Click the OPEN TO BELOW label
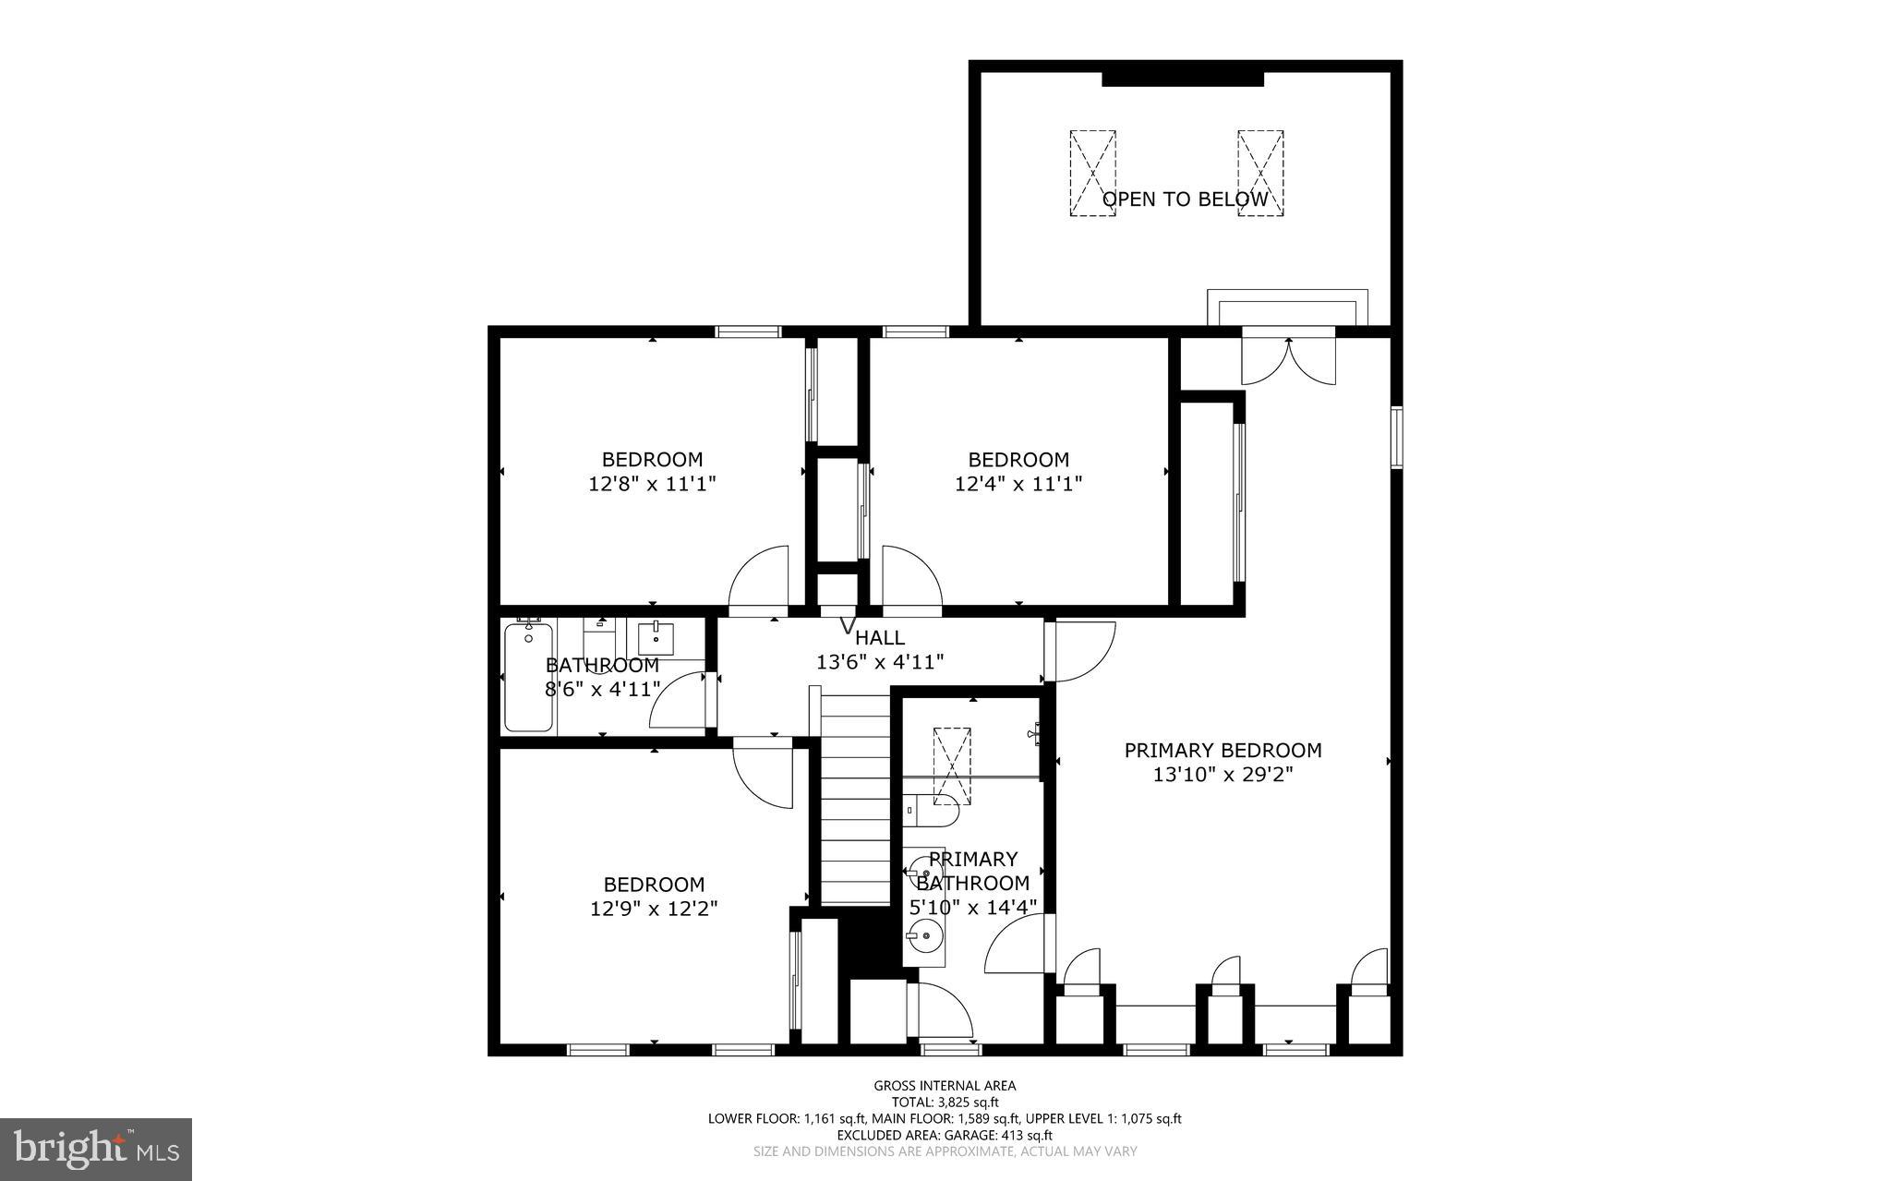1185,199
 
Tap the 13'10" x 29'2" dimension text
1223,775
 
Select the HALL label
879,637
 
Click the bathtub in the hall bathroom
528,678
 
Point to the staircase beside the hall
854,800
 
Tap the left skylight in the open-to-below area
1092,173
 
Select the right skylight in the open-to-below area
1260,173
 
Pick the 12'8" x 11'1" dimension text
652,483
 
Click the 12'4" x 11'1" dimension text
1018,483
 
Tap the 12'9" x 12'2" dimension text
654,909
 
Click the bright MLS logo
95,1149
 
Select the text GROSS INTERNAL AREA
945,1086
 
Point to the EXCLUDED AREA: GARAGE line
945,1135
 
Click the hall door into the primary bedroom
1082,652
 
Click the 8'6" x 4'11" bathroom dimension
602,689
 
